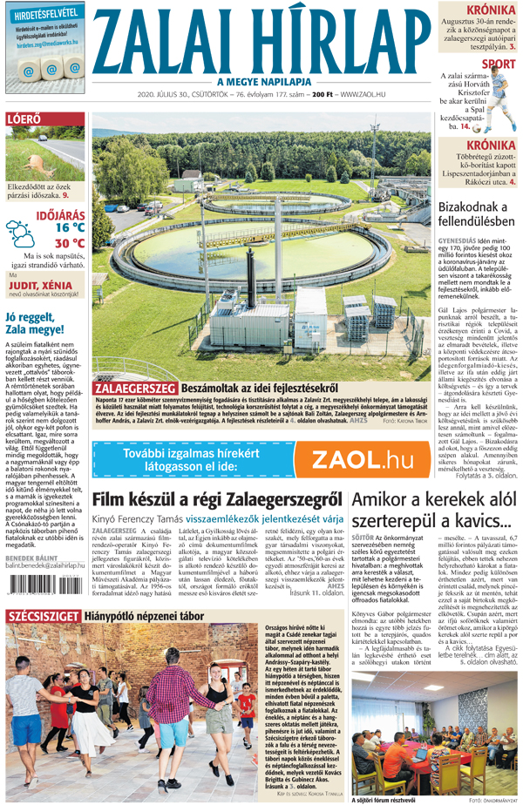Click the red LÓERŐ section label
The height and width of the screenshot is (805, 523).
click(23, 118)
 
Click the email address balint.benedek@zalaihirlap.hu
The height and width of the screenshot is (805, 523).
click(45, 568)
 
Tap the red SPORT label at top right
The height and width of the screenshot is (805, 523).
click(498, 64)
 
